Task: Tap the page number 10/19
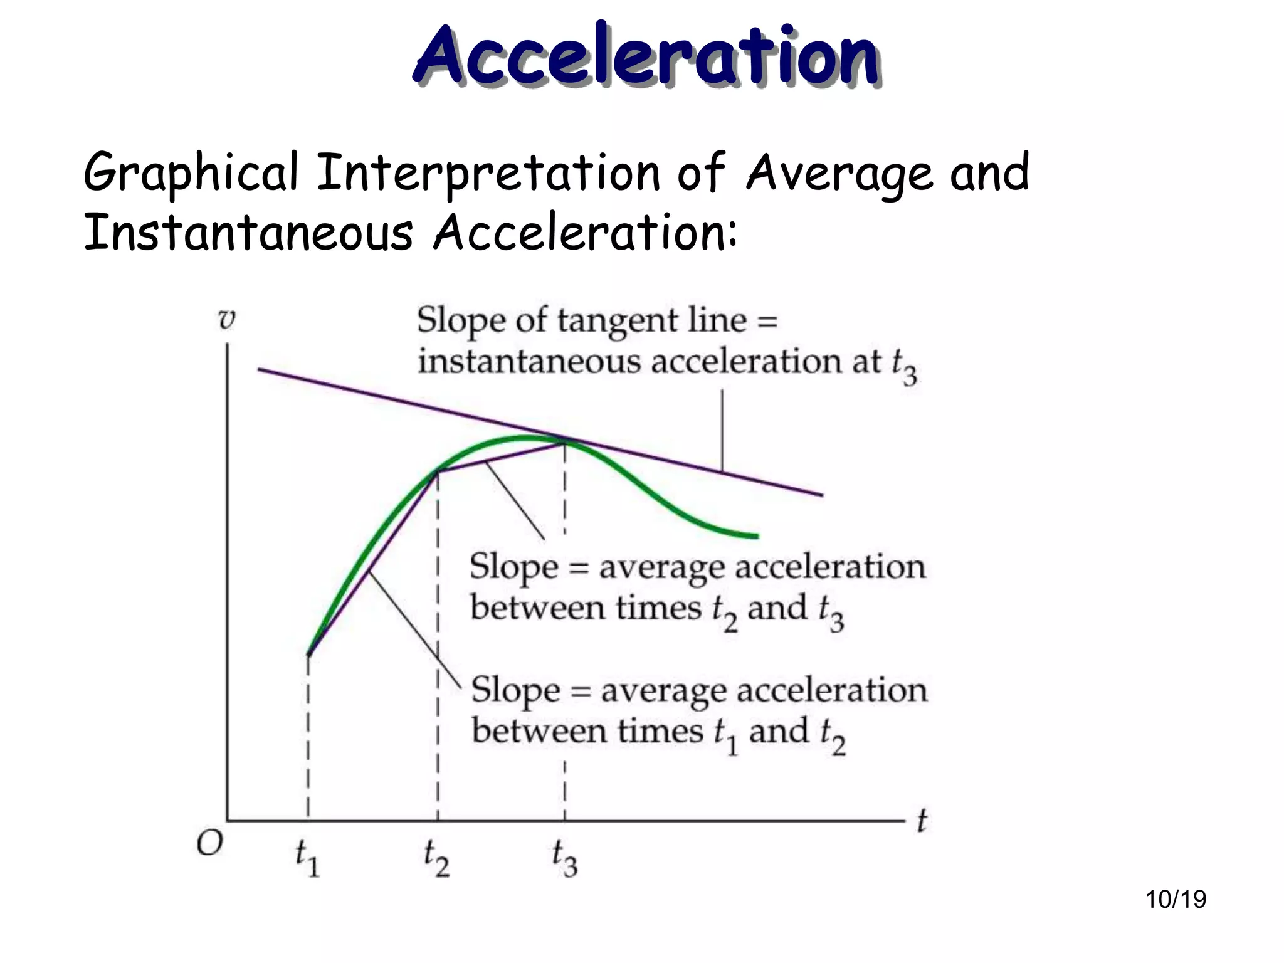pyautogui.click(x=1176, y=899)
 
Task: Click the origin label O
pyautogui.click(x=209, y=844)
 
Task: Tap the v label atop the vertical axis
pyautogui.click(x=226, y=319)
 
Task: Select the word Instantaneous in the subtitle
pyautogui.click(x=248, y=233)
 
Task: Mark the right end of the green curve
pyautogui.click(x=757, y=536)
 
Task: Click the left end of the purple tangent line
pyautogui.click(x=259, y=369)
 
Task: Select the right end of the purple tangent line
pyautogui.click(x=822, y=495)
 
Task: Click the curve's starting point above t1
pyautogui.click(x=308, y=655)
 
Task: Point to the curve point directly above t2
pyautogui.click(x=438, y=471)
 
